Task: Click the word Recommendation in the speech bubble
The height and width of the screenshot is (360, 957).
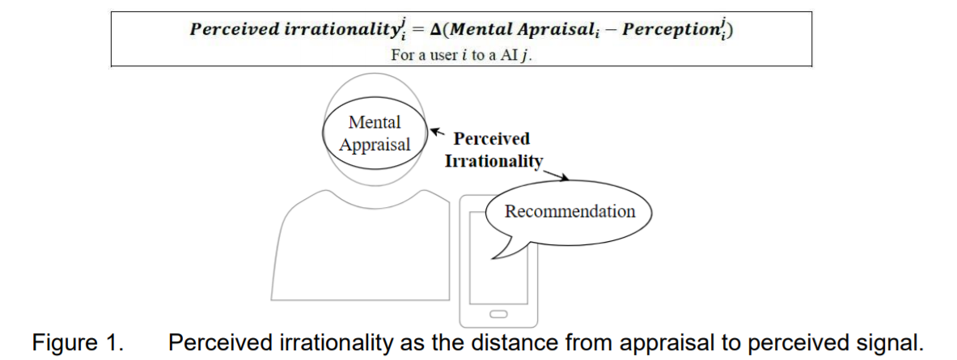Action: tap(570, 212)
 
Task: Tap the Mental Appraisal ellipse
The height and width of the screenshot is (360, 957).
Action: tap(375, 134)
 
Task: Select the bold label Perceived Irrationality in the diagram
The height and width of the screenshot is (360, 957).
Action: tap(492, 150)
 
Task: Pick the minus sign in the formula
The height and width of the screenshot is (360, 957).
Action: tap(633, 30)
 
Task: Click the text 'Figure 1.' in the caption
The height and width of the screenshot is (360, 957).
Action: tap(78, 342)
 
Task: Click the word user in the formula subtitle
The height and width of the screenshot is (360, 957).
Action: tap(438, 55)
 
